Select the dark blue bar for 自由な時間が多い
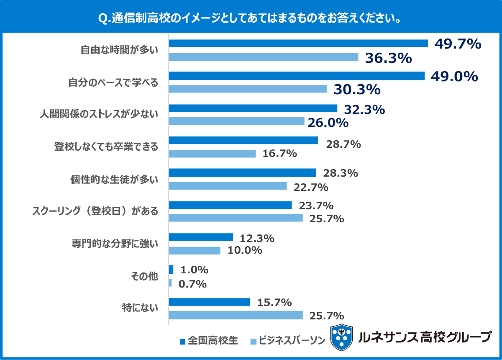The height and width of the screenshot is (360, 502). tap(298, 44)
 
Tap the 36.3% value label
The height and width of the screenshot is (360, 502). tap(389, 58)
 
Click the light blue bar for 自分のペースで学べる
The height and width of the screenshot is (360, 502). tap(248, 89)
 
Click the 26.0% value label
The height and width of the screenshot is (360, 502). tap(328, 123)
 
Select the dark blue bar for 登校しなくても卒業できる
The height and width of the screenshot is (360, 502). tap(243, 141)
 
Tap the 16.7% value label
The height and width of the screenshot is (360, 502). tap(279, 154)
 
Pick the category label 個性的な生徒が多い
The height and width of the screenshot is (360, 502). tap(114, 179)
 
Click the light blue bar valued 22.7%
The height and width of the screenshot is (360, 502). tap(228, 186)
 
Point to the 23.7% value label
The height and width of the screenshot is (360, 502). tap(316, 206)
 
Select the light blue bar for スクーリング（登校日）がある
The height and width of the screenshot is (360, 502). tap(236, 218)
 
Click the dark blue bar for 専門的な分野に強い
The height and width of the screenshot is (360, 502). tap(201, 237)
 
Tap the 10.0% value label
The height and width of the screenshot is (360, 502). tap(245, 251)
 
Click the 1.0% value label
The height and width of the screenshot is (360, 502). tap(193, 270)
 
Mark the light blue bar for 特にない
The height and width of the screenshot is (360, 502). tap(236, 315)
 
